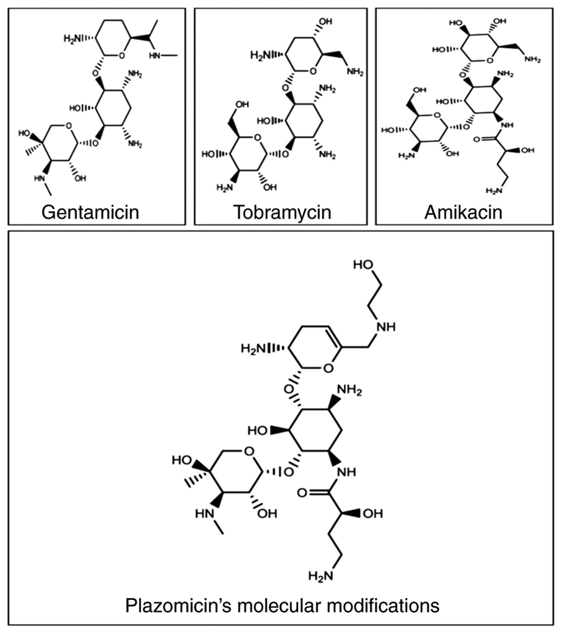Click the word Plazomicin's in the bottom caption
click(x=178, y=605)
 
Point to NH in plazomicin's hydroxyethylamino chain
click(x=386, y=327)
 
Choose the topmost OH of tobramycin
click(x=325, y=22)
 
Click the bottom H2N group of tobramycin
click(x=224, y=187)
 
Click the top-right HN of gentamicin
click(x=154, y=56)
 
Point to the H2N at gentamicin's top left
click(x=72, y=39)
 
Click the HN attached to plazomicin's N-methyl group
click(x=204, y=514)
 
